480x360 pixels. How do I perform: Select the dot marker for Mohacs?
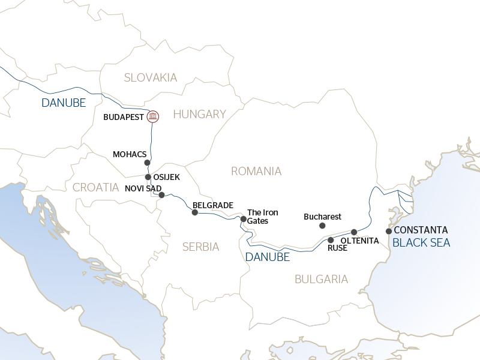148,163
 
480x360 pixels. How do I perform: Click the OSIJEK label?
167,177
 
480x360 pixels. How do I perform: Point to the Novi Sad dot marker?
161,195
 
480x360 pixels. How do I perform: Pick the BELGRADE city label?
212,205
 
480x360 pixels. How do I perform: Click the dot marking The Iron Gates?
243,219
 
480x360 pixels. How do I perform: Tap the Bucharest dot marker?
322,226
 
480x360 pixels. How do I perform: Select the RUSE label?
338,247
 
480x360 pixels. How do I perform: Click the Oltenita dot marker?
354,232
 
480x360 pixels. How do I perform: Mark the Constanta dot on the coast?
389,231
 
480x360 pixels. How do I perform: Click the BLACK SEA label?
421,243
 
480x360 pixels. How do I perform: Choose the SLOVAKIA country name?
151,77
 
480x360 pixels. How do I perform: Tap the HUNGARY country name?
199,114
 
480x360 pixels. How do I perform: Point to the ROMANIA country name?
256,172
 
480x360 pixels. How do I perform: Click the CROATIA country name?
96,187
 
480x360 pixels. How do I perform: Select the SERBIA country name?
201,247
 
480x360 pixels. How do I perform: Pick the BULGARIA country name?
322,279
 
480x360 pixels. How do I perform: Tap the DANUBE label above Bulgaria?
267,257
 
